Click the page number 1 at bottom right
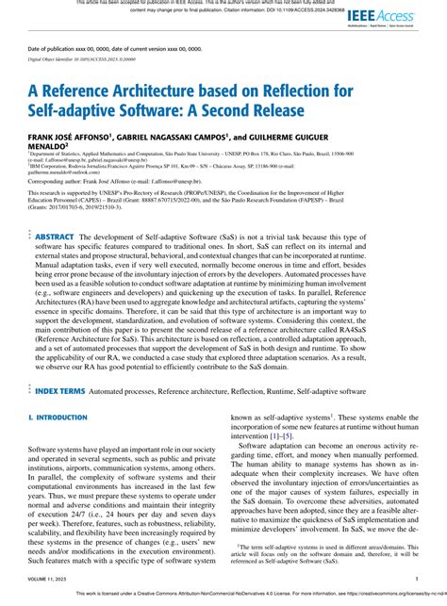(x=416, y=581)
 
